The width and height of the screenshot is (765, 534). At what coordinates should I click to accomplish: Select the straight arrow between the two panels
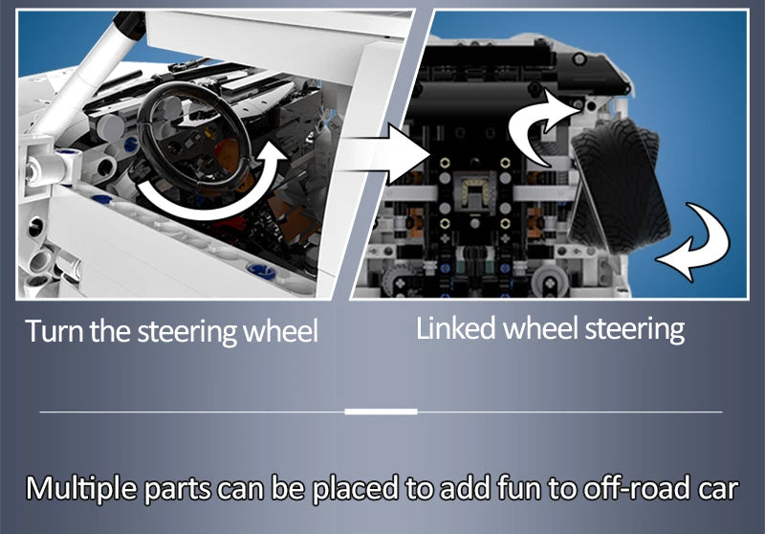click(385, 154)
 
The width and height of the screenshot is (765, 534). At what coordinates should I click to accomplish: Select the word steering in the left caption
click(187, 332)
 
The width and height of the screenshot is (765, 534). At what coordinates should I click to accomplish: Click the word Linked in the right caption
click(456, 327)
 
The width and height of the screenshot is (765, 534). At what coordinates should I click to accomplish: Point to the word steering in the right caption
click(635, 329)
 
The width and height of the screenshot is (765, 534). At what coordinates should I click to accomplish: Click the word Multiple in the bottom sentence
click(81, 489)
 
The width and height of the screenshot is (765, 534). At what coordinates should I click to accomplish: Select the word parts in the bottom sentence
click(178, 490)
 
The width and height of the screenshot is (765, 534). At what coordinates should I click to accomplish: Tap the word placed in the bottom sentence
click(355, 488)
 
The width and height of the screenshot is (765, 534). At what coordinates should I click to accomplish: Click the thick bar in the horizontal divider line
click(381, 412)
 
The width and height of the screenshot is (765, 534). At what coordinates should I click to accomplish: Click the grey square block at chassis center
click(474, 191)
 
